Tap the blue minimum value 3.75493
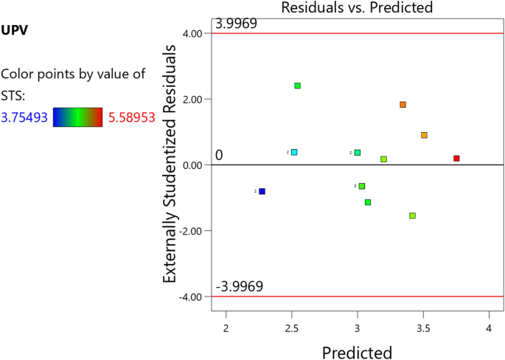(25, 117)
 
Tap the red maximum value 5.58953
(130, 117)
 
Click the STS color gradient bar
(77, 117)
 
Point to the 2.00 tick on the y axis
(194, 99)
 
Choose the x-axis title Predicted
(357, 352)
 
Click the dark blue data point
(262, 191)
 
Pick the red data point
(456, 159)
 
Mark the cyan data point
(294, 152)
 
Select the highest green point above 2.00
(298, 86)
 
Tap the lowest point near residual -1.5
(412, 215)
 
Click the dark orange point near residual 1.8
(403, 105)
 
